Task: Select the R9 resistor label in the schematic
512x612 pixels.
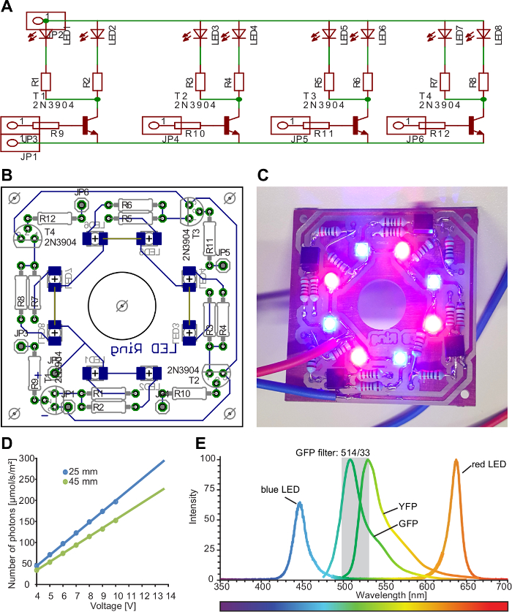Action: click(57, 134)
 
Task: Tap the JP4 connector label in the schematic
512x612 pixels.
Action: click(170, 138)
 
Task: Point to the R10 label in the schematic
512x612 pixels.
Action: click(195, 134)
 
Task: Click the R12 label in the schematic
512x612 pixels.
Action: click(440, 134)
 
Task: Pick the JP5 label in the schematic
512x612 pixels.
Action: click(300, 138)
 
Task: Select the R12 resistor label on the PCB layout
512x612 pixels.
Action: click(48, 218)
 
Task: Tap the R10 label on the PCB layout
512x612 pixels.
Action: click(182, 394)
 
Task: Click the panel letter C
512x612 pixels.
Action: click(263, 175)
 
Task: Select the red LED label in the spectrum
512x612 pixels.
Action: click(484, 464)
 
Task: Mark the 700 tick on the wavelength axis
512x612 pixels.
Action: click(502, 586)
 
